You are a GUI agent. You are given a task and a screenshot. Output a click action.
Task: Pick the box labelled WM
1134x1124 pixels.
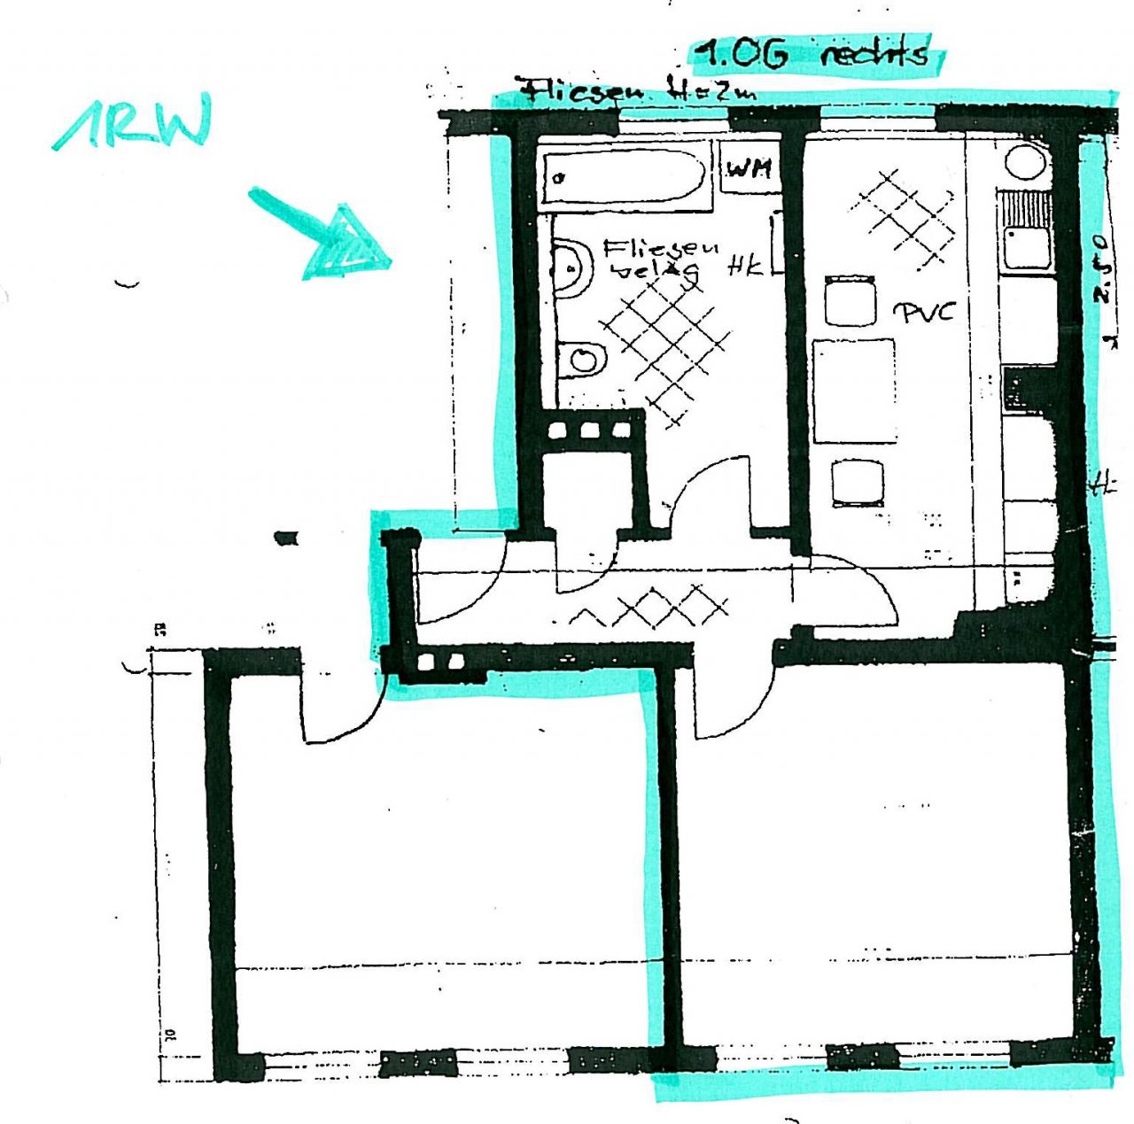750,167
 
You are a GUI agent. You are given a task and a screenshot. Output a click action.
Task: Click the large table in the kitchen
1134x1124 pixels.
854,391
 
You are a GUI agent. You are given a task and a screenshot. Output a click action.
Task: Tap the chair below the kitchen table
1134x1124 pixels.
858,483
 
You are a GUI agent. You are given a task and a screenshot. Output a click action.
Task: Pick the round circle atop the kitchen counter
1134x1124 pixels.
1027,164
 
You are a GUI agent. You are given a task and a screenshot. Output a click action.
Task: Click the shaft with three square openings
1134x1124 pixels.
589,430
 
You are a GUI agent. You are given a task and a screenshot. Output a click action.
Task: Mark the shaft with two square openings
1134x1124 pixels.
440,662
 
